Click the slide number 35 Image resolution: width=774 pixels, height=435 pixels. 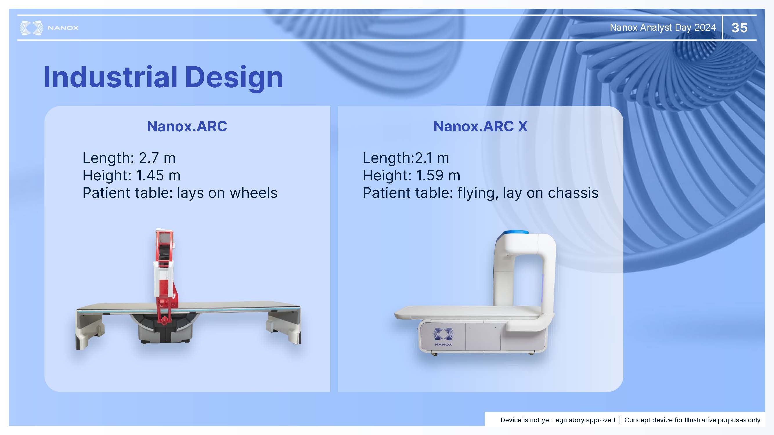pyautogui.click(x=739, y=28)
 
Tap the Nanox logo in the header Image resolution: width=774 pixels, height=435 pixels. pyautogui.click(x=49, y=28)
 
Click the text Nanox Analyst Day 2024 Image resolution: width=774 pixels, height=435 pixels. pyautogui.click(x=663, y=28)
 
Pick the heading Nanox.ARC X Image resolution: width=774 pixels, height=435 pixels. pyautogui.click(x=480, y=126)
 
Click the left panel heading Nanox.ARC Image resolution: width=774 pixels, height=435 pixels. pyautogui.click(x=187, y=126)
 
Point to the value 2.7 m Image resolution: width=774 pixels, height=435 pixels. pyautogui.click(x=157, y=158)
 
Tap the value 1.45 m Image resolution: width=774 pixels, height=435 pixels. pyautogui.click(x=158, y=175)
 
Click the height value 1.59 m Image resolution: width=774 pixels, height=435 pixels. pyautogui.click(x=438, y=175)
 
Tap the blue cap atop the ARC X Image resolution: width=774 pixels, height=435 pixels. pyautogui.click(x=516, y=232)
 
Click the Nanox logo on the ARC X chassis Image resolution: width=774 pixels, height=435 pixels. pyautogui.click(x=443, y=336)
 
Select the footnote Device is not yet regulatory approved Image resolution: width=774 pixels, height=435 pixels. pyautogui.click(x=558, y=420)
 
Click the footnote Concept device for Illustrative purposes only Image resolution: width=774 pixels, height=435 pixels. pyautogui.click(x=692, y=420)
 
